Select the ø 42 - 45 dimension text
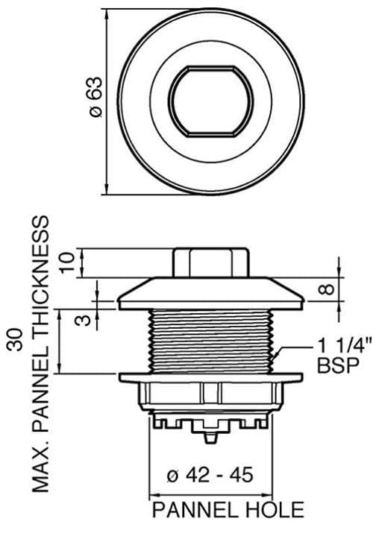point(210,475)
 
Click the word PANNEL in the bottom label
point(194,510)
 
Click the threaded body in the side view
point(210,339)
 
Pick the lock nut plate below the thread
point(210,377)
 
